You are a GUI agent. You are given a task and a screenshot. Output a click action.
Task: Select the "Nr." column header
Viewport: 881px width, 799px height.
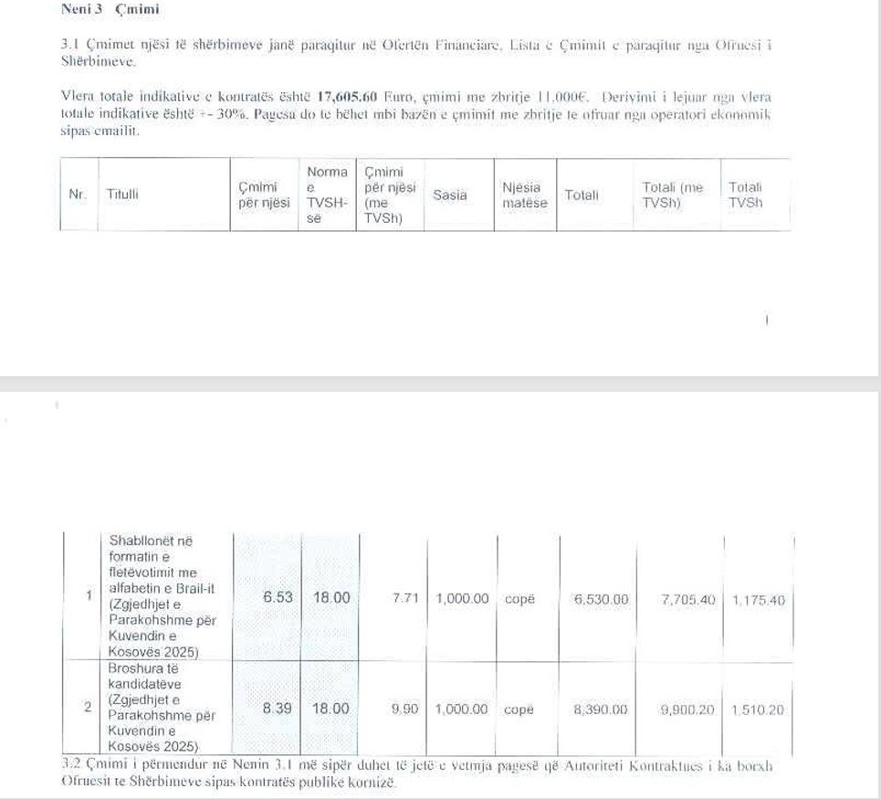click(x=78, y=194)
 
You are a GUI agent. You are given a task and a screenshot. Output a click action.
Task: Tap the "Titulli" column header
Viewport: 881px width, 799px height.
click(x=122, y=194)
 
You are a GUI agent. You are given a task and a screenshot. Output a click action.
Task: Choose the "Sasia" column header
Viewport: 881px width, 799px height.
click(x=450, y=194)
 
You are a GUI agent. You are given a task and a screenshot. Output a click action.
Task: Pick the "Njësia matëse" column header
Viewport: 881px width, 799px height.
click(x=525, y=194)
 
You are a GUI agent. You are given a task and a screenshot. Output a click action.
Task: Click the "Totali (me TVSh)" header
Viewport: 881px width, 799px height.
click(x=673, y=194)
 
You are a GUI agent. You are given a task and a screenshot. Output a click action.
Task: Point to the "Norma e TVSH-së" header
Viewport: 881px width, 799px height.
click(x=327, y=194)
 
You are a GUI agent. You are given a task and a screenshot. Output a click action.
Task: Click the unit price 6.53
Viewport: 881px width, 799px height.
click(x=278, y=598)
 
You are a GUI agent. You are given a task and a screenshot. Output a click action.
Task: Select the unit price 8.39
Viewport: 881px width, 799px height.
click(x=278, y=709)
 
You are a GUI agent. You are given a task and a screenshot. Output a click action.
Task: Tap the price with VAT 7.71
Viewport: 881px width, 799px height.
click(x=404, y=599)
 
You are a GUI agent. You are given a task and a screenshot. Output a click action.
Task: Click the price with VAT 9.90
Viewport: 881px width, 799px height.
click(x=404, y=709)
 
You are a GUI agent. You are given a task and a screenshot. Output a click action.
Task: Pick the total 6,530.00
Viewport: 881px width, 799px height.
click(x=601, y=600)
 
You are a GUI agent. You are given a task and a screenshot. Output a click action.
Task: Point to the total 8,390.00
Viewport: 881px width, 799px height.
click(x=601, y=710)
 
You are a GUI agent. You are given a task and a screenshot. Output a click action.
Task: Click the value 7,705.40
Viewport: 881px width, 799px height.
click(x=687, y=600)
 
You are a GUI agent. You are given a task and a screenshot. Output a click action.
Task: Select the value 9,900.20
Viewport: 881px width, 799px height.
click(x=687, y=710)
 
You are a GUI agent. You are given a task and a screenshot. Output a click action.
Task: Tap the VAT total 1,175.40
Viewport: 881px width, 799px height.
click(x=758, y=601)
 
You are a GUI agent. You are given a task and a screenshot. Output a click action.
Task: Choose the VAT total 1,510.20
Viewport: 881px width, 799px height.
click(x=758, y=710)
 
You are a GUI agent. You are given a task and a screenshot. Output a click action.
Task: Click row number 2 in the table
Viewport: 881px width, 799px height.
click(x=88, y=707)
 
